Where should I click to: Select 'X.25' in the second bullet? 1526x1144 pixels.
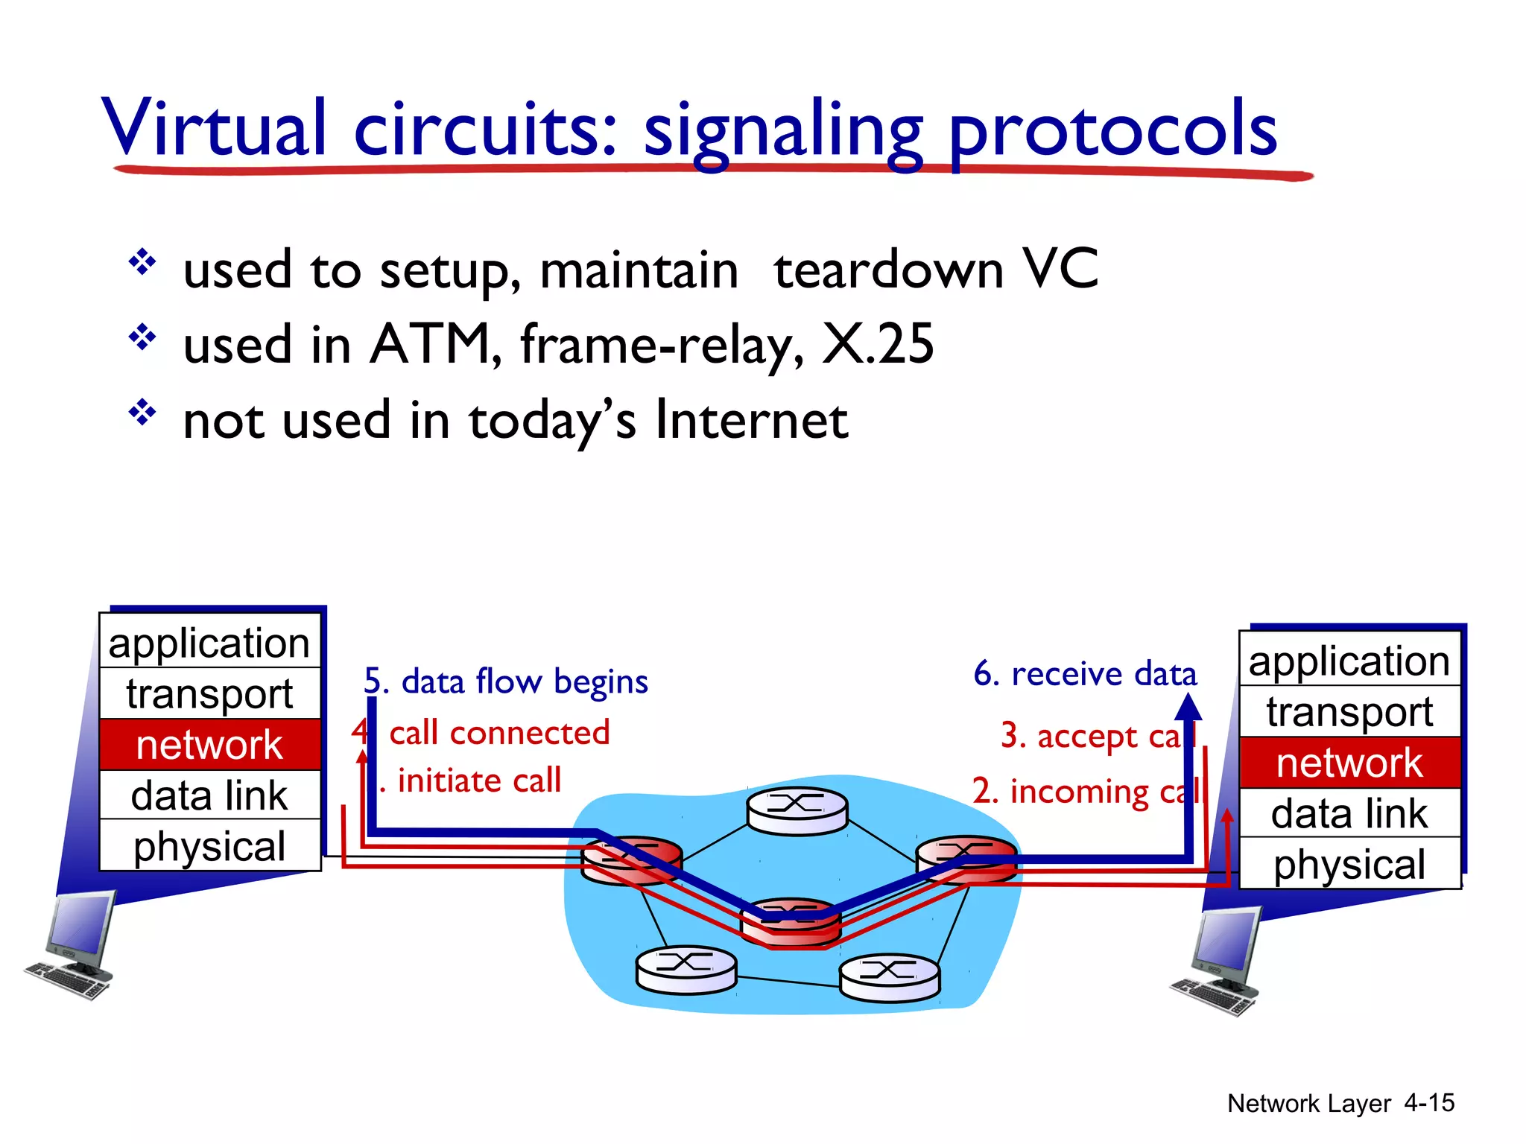877,345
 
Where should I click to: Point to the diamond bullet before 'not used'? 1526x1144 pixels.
142,412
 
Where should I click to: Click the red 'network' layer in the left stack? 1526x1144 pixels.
209,745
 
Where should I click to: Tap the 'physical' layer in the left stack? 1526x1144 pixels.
209,846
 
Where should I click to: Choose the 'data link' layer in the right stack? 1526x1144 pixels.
1349,813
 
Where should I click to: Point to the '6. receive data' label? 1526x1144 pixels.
1085,674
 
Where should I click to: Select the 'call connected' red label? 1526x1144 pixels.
499,733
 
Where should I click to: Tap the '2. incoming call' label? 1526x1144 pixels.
1085,791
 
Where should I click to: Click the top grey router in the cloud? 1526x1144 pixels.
797,810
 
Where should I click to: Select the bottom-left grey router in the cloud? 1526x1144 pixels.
686,969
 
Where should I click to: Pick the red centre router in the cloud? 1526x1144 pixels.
791,921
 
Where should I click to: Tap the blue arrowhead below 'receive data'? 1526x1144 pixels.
1188,706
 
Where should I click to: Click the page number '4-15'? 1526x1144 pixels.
1428,1103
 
